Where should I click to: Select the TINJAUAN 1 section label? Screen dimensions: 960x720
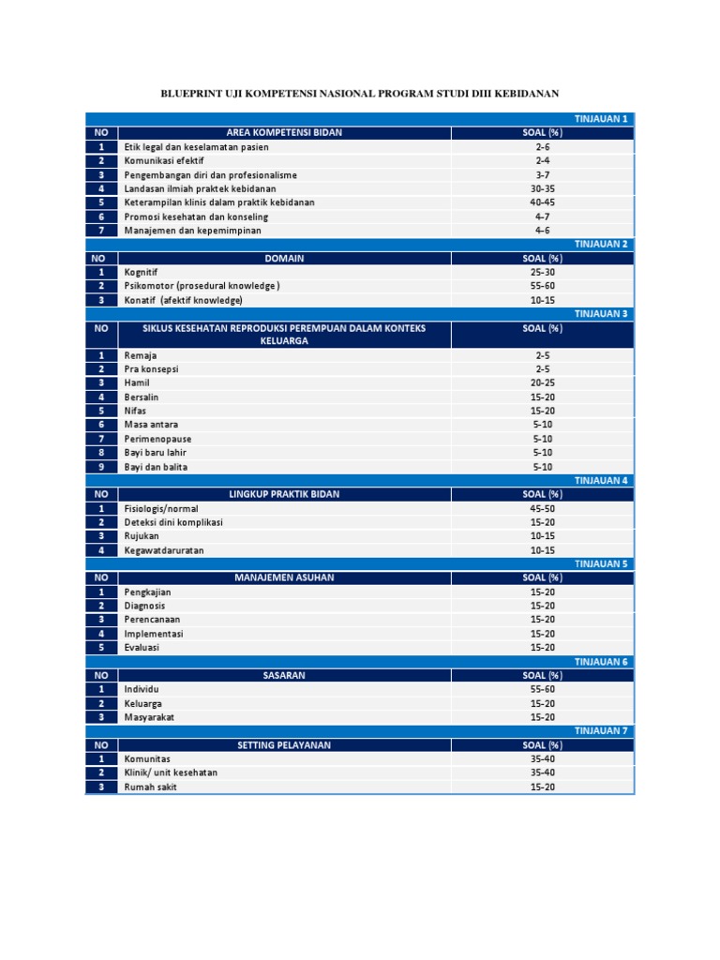601,119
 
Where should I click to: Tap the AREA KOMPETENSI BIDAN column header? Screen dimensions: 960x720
284,133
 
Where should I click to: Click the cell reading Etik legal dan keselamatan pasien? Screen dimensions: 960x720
196,147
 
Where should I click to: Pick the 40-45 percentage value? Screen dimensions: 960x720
543,202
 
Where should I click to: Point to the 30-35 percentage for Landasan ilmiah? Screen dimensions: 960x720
543,188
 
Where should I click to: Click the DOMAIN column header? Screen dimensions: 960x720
284,258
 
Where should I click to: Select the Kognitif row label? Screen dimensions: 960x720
141,272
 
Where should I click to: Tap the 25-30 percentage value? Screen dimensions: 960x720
543,272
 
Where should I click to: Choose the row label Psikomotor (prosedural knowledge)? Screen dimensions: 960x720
202,286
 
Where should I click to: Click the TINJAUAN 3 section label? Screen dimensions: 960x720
601,314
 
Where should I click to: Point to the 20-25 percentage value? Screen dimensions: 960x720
543,383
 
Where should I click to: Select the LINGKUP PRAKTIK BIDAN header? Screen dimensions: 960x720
284,494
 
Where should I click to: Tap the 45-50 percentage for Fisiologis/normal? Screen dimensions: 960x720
543,509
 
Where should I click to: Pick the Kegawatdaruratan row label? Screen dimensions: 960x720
164,550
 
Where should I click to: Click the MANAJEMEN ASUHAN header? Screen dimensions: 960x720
284,577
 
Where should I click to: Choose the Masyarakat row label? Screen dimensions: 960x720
150,717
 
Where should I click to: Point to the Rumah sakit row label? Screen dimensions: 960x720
150,787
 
